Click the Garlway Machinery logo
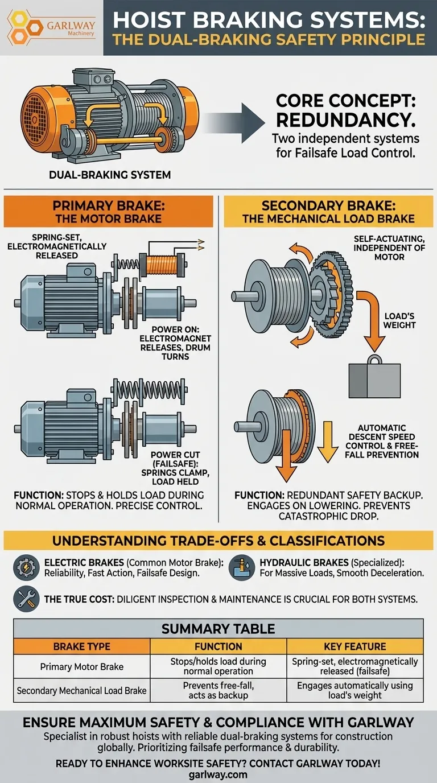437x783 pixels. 51,28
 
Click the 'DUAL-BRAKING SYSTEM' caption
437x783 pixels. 110,175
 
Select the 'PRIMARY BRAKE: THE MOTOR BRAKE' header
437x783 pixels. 108,212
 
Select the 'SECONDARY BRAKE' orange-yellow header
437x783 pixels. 328,212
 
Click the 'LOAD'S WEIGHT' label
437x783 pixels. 399,320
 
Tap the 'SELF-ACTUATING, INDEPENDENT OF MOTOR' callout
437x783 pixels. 389,248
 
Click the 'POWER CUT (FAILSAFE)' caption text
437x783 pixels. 175,459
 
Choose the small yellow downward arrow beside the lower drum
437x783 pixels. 327,442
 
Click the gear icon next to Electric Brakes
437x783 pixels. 26,568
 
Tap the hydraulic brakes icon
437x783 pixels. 242,568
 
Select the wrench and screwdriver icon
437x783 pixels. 26,599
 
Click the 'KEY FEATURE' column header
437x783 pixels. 355,646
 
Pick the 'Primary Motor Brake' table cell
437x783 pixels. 82,666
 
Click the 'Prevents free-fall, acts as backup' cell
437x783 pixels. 218,690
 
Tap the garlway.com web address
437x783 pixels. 218,774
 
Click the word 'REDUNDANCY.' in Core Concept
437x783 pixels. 345,120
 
